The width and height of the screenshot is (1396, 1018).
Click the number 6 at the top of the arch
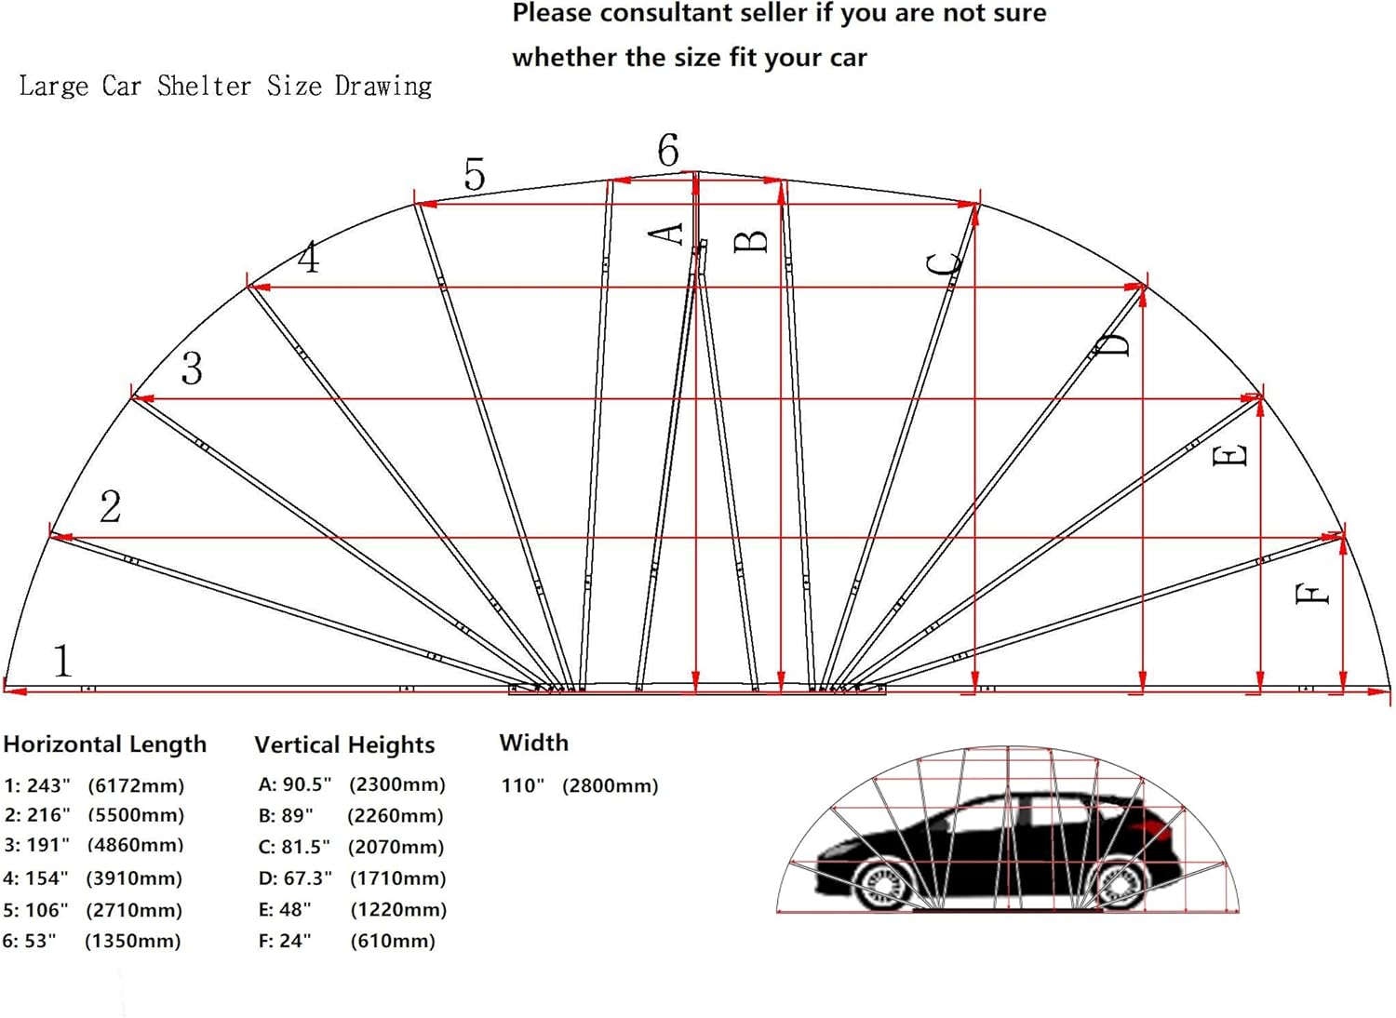point(668,150)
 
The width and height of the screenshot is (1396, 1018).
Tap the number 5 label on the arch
point(475,174)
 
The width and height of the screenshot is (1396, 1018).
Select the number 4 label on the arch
point(308,258)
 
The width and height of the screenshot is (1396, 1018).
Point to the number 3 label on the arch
point(192,368)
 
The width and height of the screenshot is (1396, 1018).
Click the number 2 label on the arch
point(111,506)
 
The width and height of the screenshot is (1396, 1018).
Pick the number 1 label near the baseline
point(63,661)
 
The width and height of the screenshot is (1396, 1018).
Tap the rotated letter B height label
point(750,241)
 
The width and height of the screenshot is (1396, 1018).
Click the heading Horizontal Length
point(104,744)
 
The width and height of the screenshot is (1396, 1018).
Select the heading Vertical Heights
point(344,744)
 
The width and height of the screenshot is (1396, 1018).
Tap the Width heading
point(534,743)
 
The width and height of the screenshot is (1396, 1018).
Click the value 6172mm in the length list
point(136,785)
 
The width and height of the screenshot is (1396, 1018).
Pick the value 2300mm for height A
point(397,784)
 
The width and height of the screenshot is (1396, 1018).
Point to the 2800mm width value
point(611,785)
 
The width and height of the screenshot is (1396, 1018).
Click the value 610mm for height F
point(393,941)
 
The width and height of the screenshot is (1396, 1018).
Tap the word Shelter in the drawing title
point(204,86)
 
